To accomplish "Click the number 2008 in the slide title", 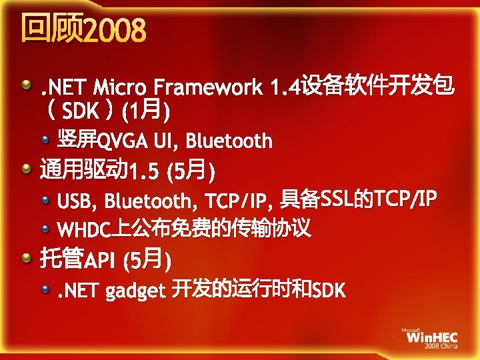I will click(115, 30).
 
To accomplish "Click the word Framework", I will click(209, 87).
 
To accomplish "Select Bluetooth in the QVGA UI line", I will click(229, 141).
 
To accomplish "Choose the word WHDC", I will click(83, 230).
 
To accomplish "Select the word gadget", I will click(135, 291).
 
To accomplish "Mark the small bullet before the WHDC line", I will click(45, 229).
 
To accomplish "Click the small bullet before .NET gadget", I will click(45, 289).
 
